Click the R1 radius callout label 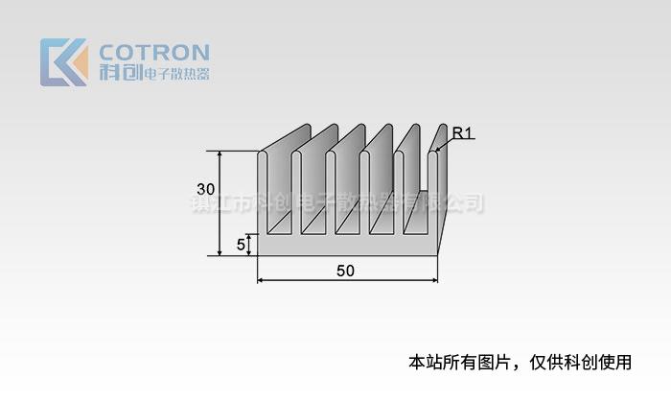coord(462,133)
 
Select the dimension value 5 coord(241,245)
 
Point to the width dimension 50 coord(345,271)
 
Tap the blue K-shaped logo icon coord(63,62)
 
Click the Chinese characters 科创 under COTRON coord(120,73)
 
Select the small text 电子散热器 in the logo coord(175,74)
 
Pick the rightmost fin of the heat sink coord(433,192)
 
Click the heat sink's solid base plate coord(345,247)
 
